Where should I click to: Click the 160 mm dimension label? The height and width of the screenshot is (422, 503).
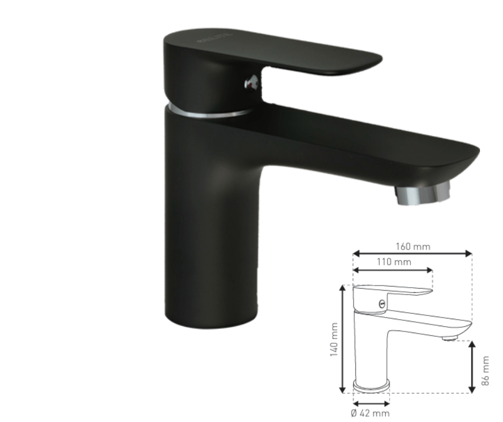(413, 247)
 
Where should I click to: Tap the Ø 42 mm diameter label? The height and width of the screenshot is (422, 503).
(370, 413)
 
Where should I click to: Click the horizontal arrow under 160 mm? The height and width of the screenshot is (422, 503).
(412, 254)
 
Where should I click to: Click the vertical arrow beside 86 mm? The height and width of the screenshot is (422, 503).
(472, 367)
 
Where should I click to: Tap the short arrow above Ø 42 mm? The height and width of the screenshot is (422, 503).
(371, 403)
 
